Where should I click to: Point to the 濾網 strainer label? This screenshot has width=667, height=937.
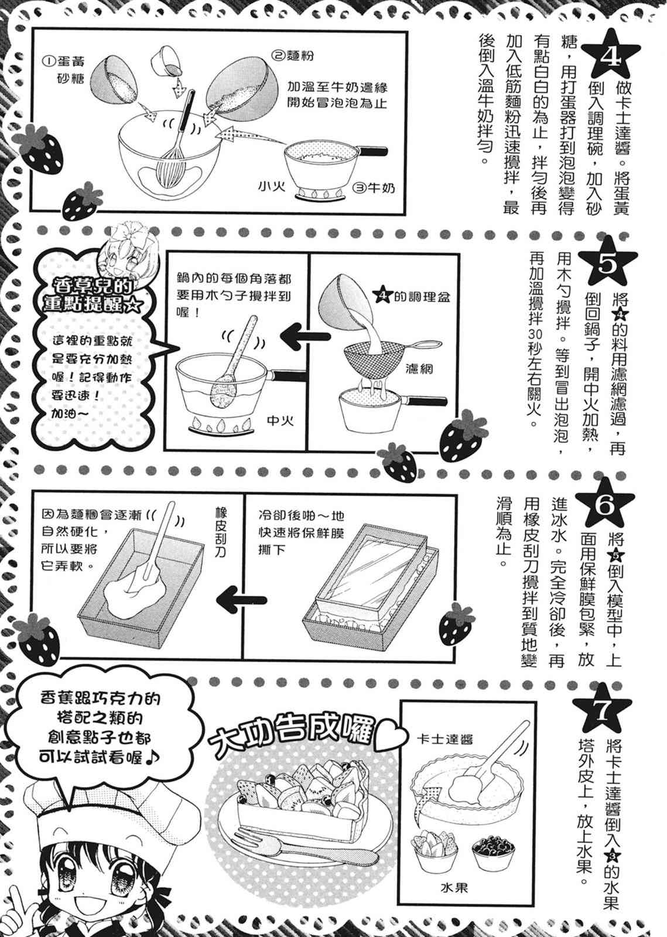point(420,371)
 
